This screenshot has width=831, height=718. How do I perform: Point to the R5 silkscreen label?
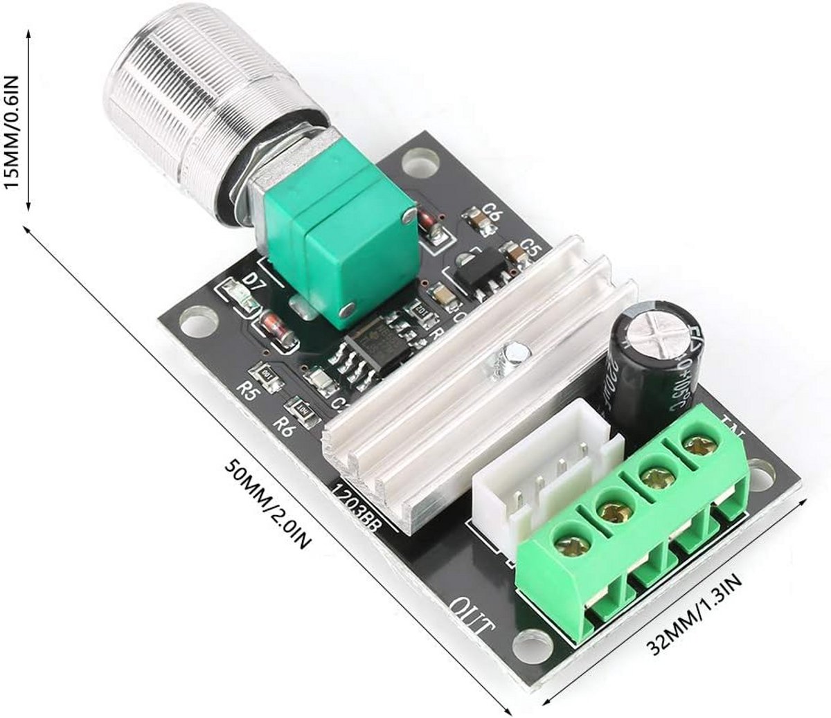pos(247,389)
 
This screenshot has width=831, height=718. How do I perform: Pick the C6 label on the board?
pos(492,213)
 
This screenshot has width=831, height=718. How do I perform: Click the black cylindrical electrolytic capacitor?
pos(651,360)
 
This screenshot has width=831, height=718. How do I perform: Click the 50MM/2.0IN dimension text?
pos(267,502)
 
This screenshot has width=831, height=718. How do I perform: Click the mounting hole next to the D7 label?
pos(196,323)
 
